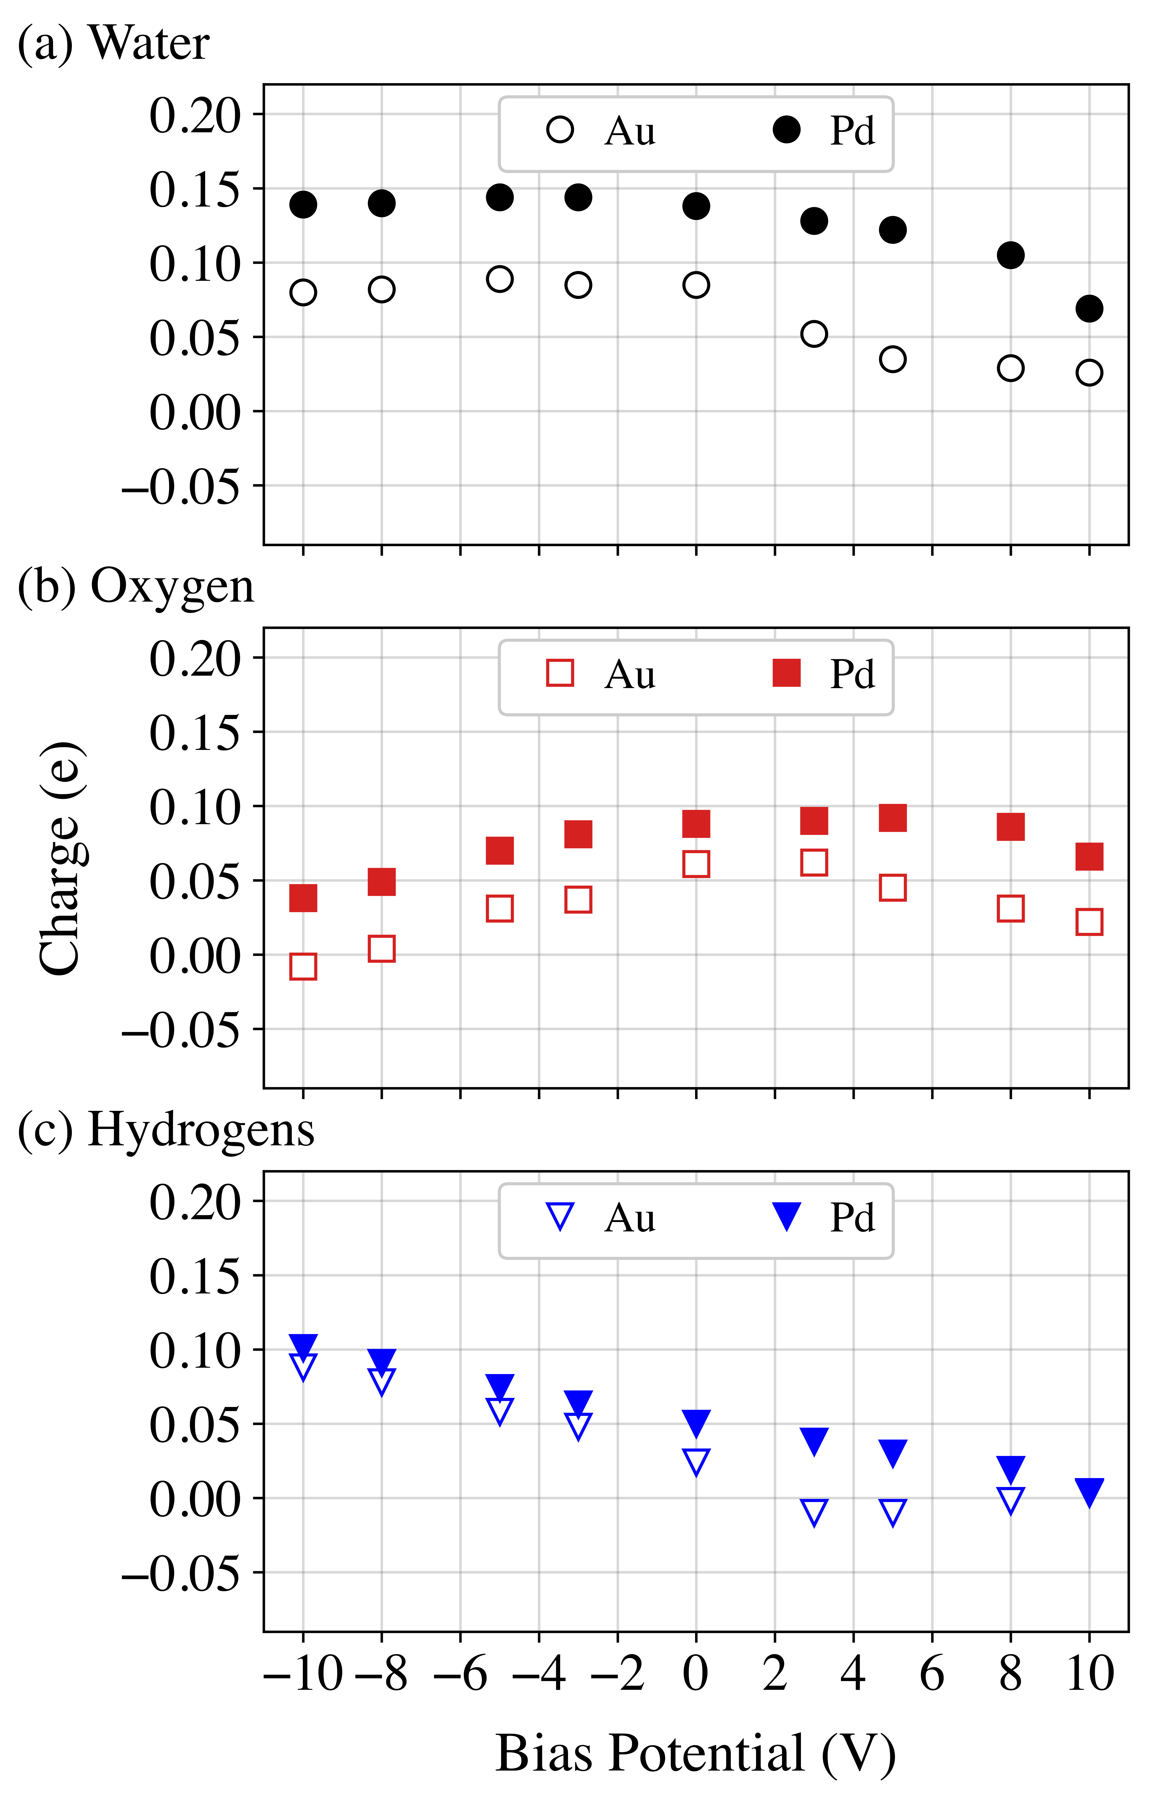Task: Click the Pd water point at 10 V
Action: (x=1089, y=308)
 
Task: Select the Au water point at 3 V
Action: (x=814, y=334)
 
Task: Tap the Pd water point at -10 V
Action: (x=303, y=204)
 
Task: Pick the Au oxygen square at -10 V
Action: (x=303, y=966)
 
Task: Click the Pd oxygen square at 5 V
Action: (x=892, y=818)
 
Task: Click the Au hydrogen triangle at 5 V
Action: (x=892, y=1512)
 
